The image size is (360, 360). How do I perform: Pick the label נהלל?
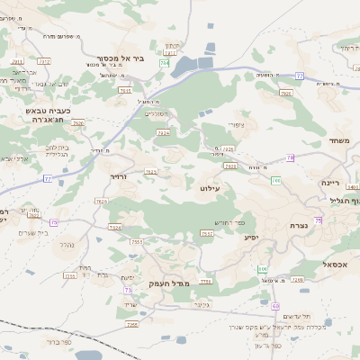click(65, 243)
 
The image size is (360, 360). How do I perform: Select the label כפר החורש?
click(229, 221)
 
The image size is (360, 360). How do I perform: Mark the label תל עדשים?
click(296, 316)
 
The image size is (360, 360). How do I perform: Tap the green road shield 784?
click(165, 63)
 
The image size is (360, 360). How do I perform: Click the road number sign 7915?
click(124, 90)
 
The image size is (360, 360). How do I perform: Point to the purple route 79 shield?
click(291, 157)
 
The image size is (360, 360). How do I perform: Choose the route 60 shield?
click(263, 268)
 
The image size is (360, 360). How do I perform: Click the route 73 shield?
click(129, 290)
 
